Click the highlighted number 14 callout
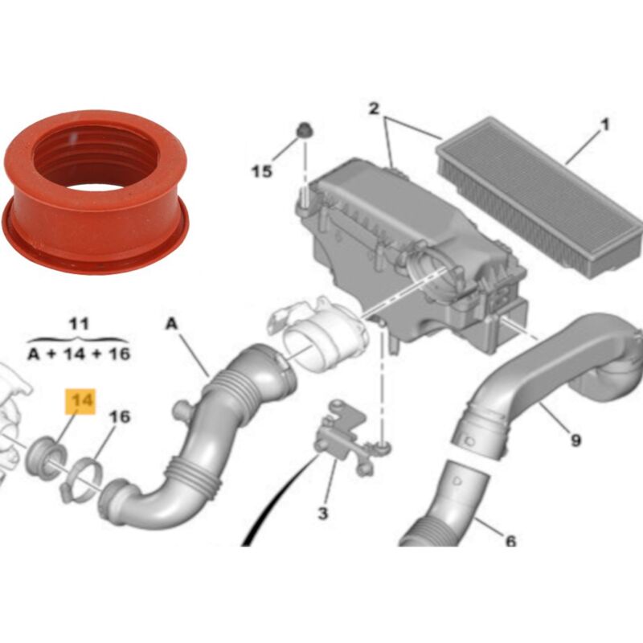pos(80,401)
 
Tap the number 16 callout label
pos(119,417)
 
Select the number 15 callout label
pos(262,171)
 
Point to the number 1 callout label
pos(605,125)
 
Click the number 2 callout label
pos(374,109)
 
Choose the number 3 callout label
pos(323,513)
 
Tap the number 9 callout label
pos(575,440)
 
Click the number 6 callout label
pos(510,541)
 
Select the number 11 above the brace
pos(79,324)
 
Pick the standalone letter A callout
pos(172,324)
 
